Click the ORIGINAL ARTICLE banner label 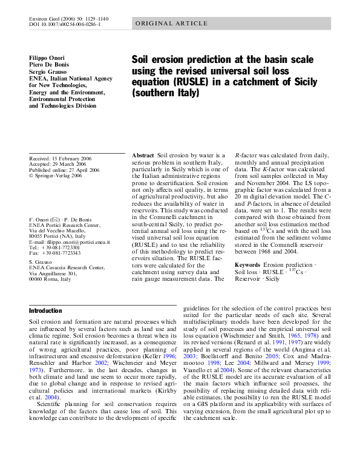point(171,24)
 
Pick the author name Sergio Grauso point(49,72)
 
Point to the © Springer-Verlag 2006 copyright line point(55,175)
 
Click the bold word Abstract point(143,156)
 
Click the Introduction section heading point(46,310)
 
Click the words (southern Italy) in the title point(165,94)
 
